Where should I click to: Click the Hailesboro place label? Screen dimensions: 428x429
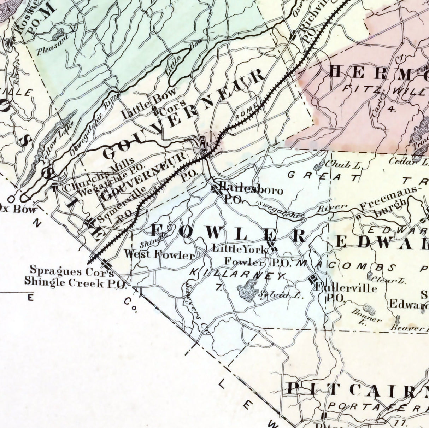point(251,190)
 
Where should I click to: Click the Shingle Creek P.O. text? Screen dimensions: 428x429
point(75,282)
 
